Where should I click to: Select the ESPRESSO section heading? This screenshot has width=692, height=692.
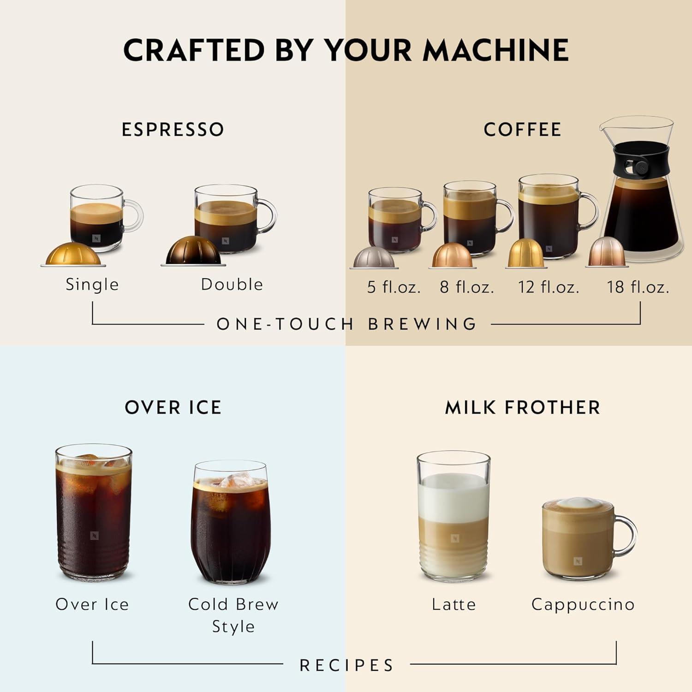click(173, 130)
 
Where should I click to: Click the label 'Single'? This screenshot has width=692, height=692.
click(92, 285)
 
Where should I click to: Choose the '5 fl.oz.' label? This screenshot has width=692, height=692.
click(394, 287)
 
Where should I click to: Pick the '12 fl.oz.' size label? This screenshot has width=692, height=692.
click(548, 287)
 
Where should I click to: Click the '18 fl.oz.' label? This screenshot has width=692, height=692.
click(638, 287)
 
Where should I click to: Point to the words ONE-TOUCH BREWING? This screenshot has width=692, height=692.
click(346, 324)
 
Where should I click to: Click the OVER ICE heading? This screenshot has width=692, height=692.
click(173, 408)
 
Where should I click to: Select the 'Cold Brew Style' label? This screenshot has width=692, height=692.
click(233, 615)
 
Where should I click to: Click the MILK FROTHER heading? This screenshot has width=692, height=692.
click(522, 408)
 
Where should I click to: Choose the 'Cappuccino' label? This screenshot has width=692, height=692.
click(583, 604)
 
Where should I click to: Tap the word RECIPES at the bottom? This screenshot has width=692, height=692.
click(346, 665)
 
